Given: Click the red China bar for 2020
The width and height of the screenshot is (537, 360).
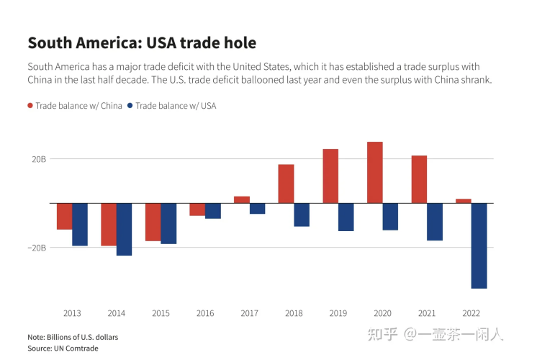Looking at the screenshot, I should pos(374,172).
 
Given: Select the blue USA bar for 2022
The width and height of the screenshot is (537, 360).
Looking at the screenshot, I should pos(479,246).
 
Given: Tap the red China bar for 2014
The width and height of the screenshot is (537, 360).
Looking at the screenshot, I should pos(109,224).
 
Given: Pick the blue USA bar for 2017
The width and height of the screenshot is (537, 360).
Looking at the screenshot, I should pos(257,208).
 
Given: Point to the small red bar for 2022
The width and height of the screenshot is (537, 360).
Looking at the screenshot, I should pos(464,201).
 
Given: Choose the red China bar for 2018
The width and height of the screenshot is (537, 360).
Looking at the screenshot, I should pos(286,184).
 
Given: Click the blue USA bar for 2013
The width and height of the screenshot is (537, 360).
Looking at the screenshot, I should pos(79,224).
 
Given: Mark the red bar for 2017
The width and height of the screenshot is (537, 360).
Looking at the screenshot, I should pos(242,199).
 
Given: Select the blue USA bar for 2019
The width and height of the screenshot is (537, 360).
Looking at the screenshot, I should pos(346,217).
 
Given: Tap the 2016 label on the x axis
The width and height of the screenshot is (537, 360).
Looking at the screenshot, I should pos(205,313).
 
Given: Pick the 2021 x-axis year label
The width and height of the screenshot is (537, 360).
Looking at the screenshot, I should pos(427,313).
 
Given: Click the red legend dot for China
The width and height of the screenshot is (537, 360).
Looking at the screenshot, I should pos(30,106).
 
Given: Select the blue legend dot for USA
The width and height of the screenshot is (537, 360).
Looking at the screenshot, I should pos(130,106).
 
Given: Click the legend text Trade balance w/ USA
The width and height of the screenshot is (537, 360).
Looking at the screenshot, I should pos(176,106).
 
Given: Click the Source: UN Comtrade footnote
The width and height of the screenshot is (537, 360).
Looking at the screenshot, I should pos(63,348).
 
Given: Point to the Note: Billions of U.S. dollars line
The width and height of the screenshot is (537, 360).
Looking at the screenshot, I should pos(73,337).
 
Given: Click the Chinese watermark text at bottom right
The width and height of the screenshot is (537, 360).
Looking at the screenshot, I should pos(436,334).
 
